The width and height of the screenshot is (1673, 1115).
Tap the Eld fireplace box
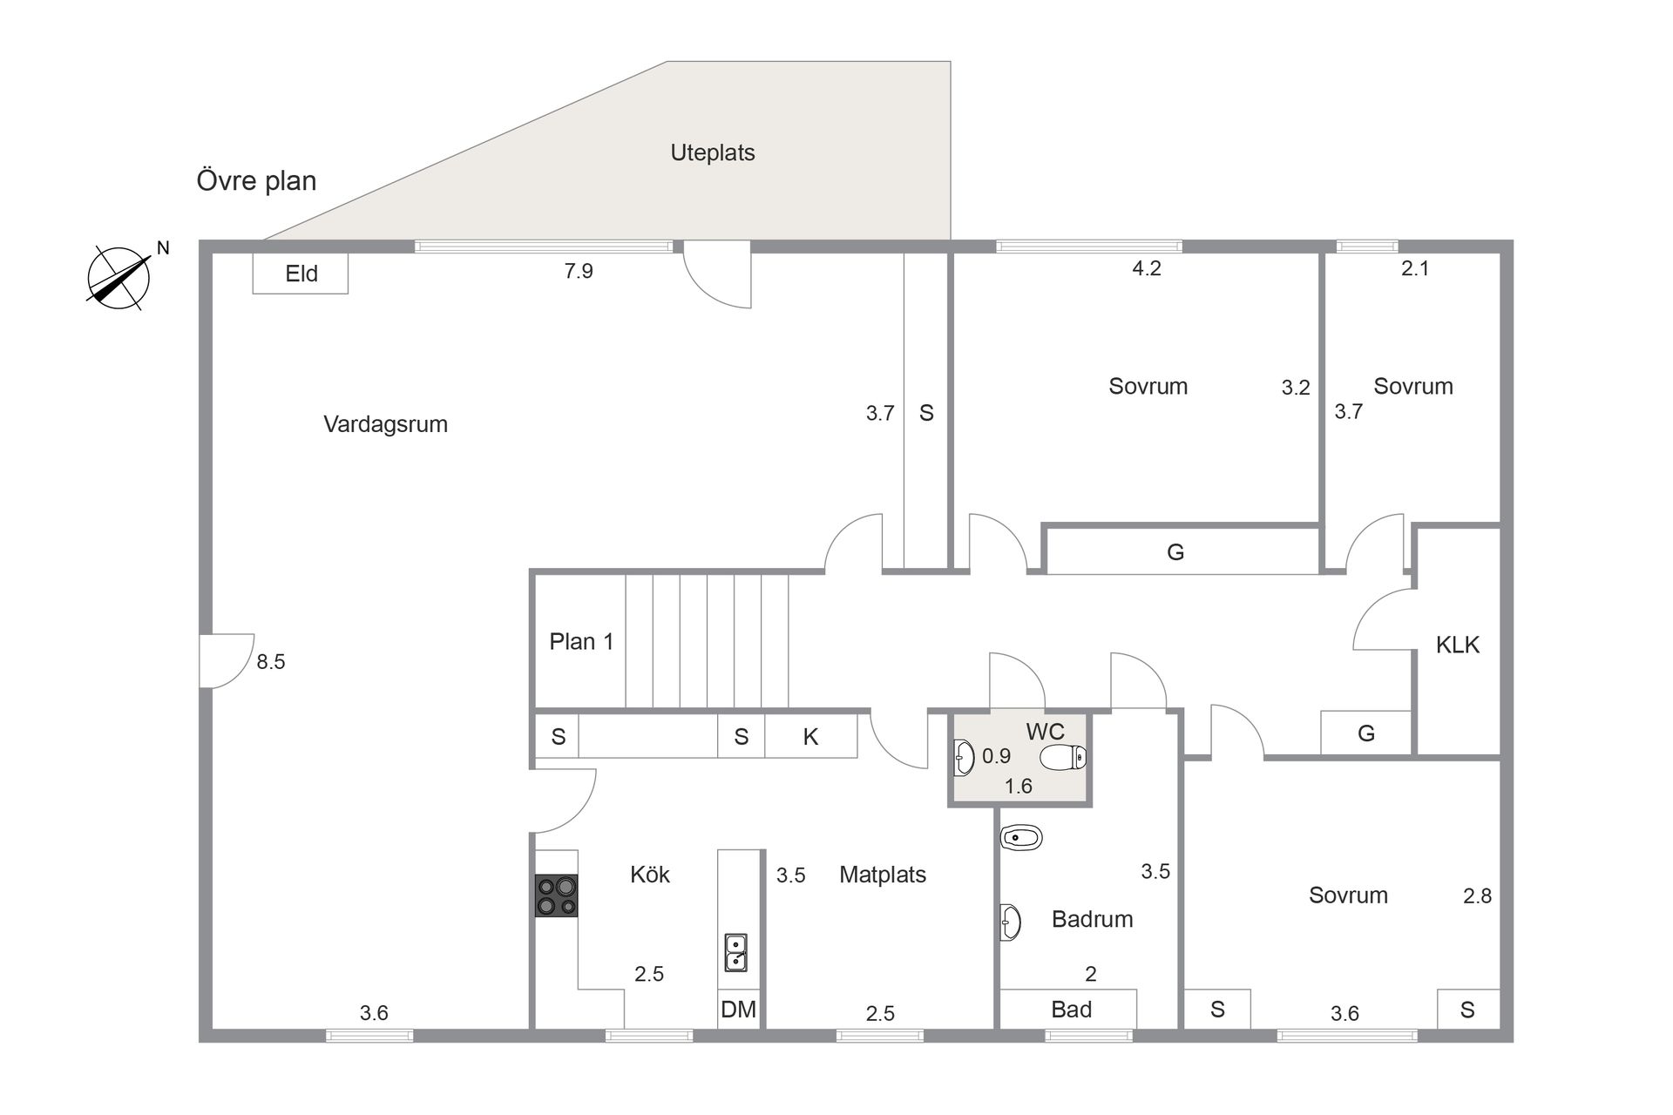[x=301, y=274]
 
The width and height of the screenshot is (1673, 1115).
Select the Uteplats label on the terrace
[x=713, y=152]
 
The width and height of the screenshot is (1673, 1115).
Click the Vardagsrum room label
[x=385, y=424]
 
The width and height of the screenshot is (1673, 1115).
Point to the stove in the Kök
[x=556, y=895]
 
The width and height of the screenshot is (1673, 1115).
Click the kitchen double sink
[x=736, y=952]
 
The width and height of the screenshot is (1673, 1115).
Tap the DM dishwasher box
[x=738, y=1010]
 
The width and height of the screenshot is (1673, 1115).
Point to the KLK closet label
[x=1458, y=645]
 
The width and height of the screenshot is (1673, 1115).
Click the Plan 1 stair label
[x=581, y=642]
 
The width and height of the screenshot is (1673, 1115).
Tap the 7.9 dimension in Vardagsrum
[x=579, y=271]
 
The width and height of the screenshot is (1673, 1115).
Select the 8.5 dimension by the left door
[x=271, y=662]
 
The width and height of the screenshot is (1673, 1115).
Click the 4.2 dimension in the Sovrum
[x=1147, y=268]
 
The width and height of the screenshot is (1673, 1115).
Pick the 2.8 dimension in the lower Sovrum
[x=1478, y=895]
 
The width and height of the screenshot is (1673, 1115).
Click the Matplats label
[x=883, y=875]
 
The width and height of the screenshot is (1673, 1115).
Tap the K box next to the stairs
[x=811, y=737]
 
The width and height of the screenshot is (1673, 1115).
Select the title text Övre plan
[x=256, y=181]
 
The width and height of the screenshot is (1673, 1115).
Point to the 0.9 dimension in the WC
[x=996, y=756]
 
